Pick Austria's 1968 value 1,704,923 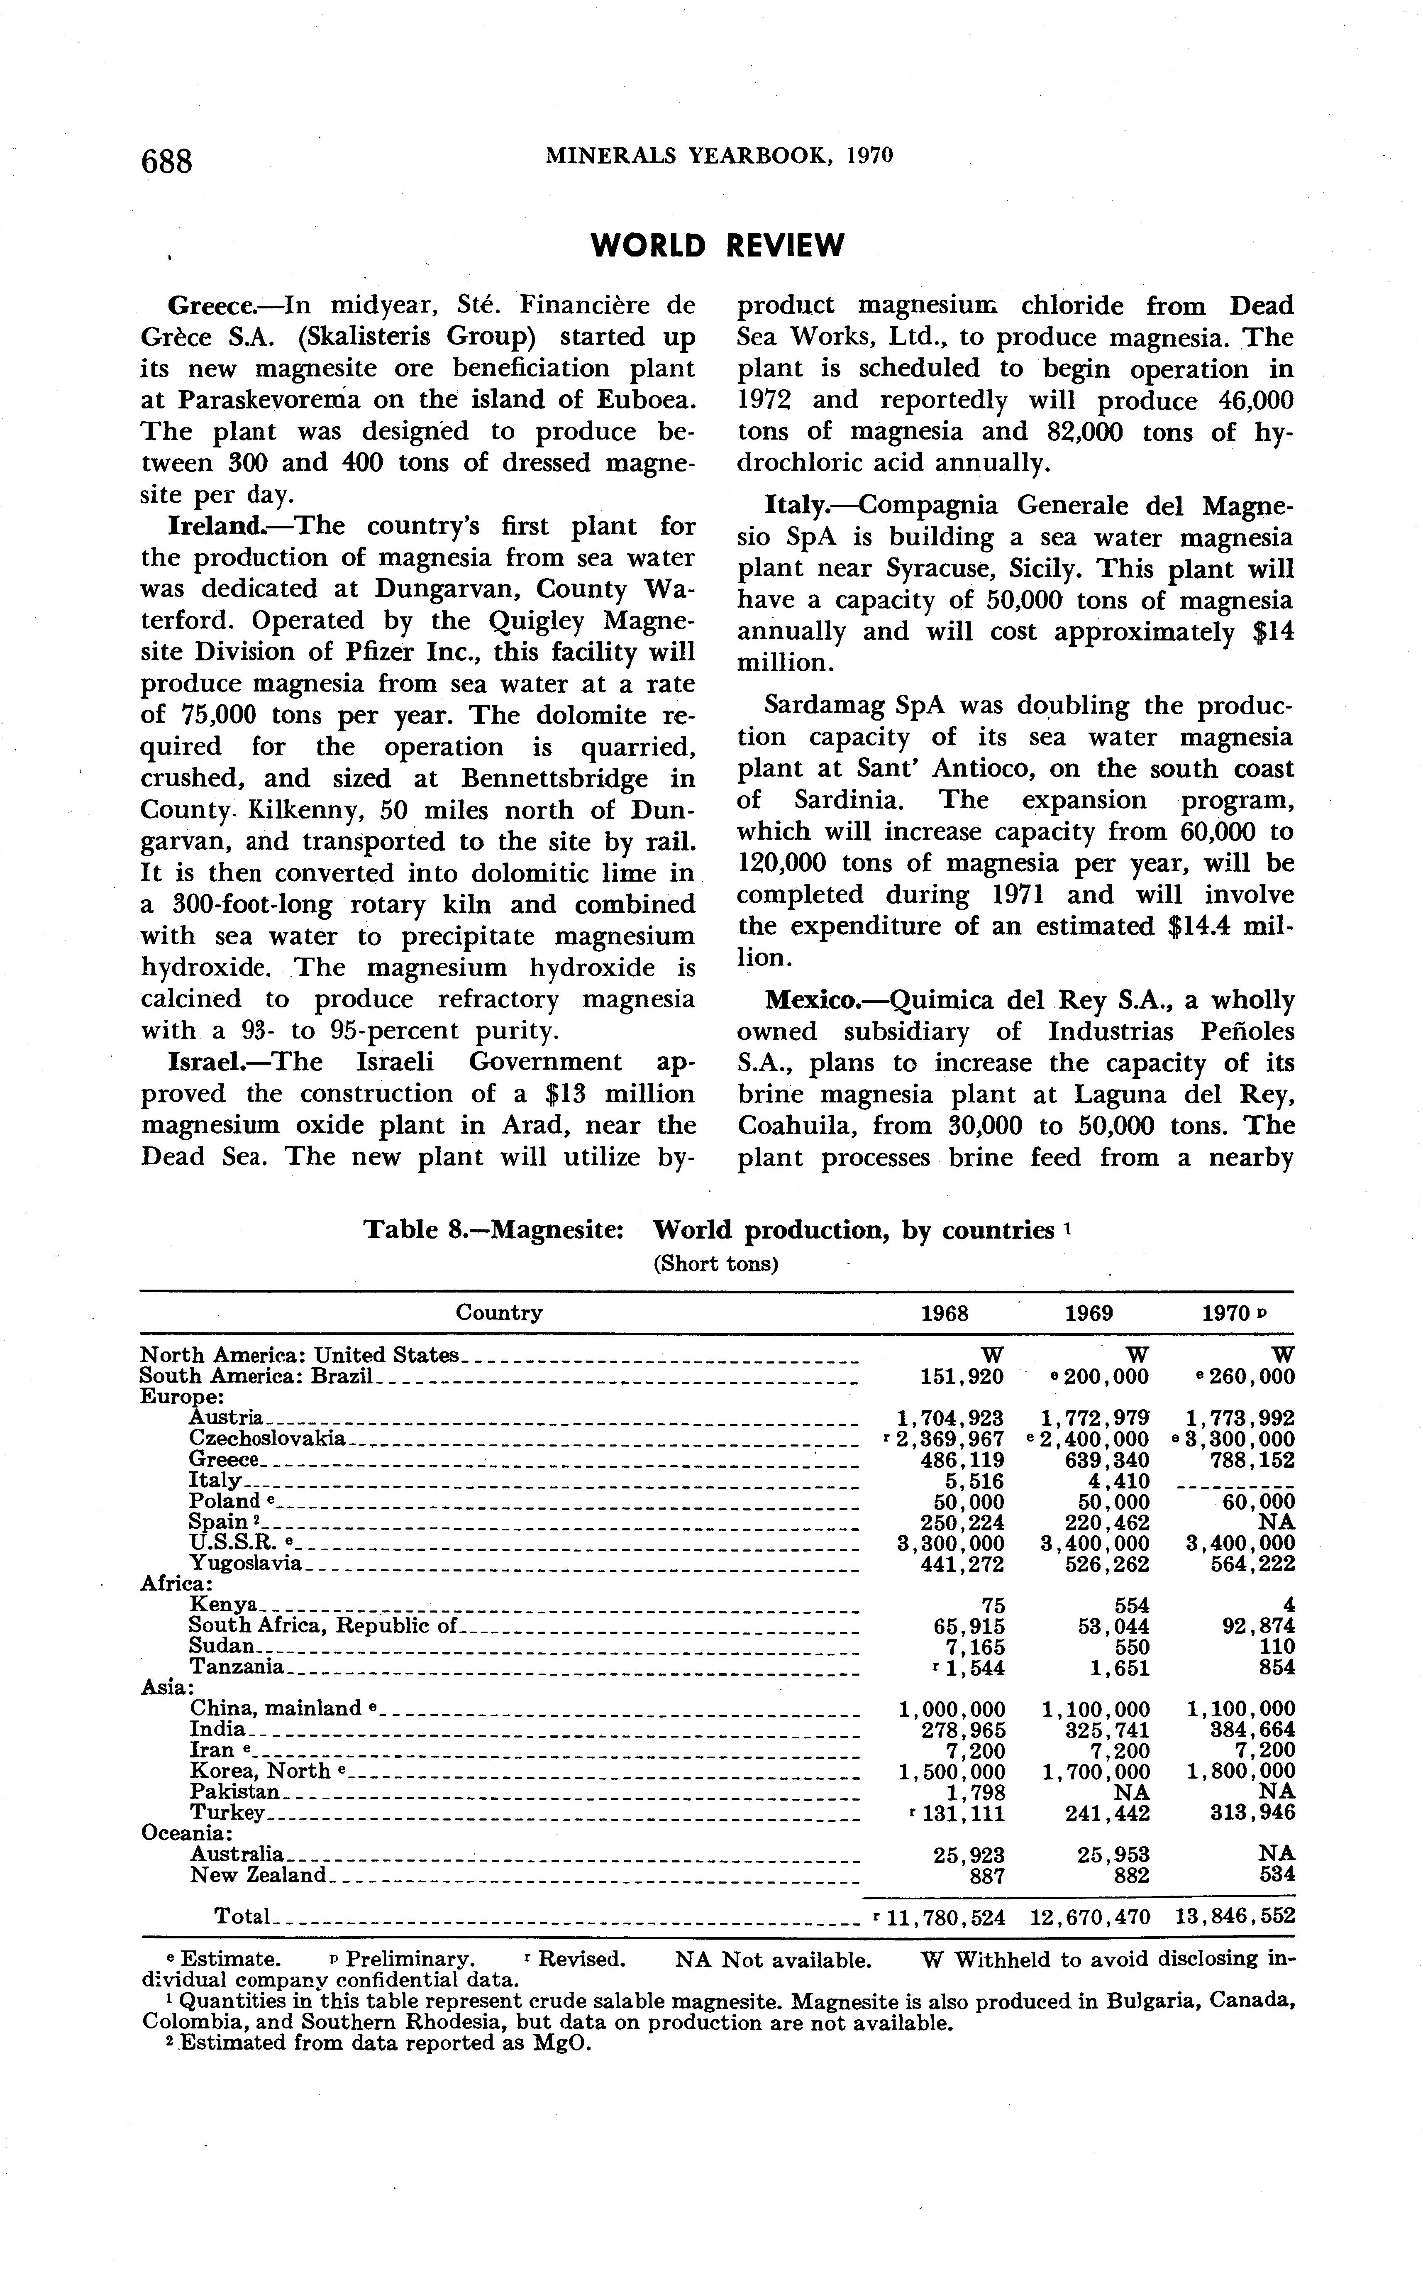pyautogui.click(x=952, y=1417)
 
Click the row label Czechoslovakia pyautogui.click(x=266, y=1439)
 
